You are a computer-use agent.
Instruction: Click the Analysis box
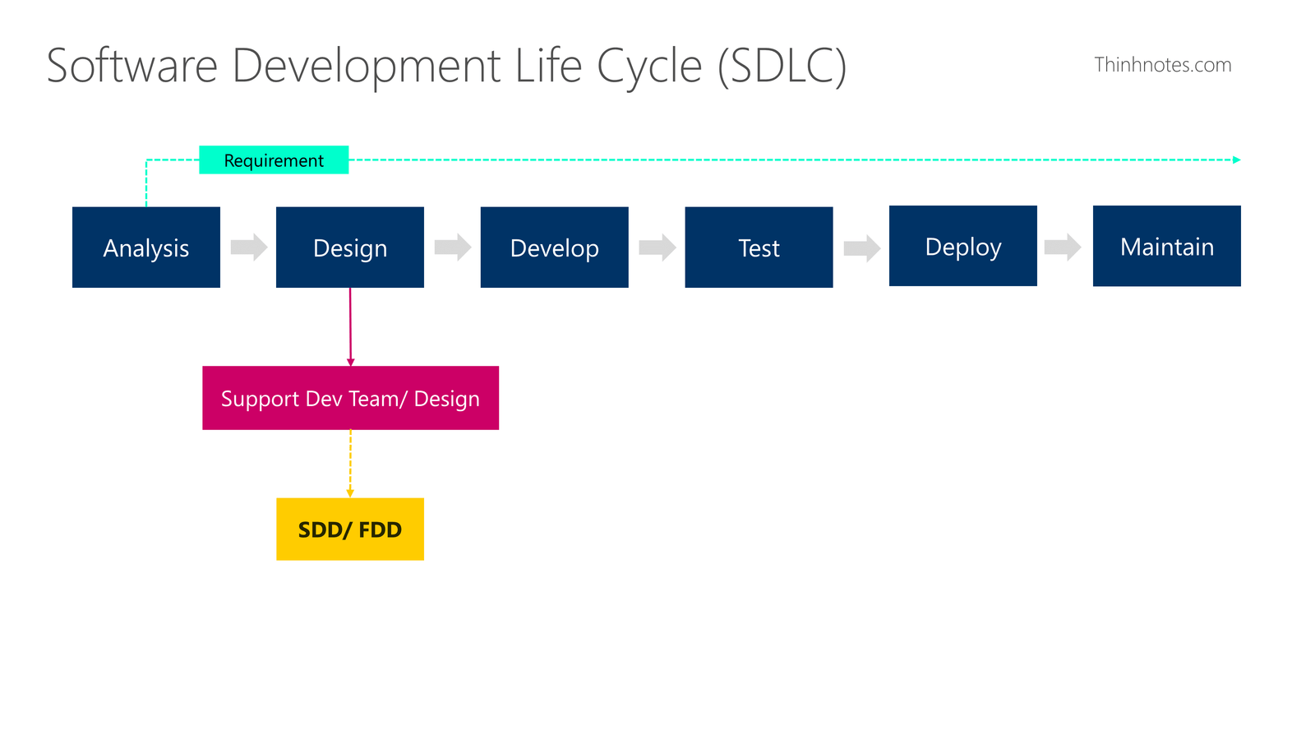coord(146,247)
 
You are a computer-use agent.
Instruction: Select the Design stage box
coord(350,247)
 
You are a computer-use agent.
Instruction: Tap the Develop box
coord(554,247)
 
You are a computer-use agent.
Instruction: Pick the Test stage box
coord(759,247)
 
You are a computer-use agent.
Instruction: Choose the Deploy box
coord(962,246)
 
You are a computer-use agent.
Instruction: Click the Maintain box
coord(1166,246)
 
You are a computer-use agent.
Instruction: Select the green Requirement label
coord(274,160)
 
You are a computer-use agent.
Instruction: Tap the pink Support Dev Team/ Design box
coord(350,398)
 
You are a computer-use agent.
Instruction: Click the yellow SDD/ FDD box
coord(350,530)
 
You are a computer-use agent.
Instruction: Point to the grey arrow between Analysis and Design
coord(249,247)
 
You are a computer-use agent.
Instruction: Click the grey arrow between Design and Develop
coord(453,247)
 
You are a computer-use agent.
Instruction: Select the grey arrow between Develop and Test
coord(657,247)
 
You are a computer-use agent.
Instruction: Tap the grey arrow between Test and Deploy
coord(862,248)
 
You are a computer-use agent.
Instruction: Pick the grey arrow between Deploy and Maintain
coord(1063,247)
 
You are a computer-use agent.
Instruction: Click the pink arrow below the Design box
coord(350,327)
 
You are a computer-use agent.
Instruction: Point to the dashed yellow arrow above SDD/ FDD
coord(350,464)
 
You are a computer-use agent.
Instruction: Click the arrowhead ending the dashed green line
coord(1236,160)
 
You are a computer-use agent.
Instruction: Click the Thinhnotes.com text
coord(1162,65)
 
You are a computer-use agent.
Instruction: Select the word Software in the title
coord(132,65)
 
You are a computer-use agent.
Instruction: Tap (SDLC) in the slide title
coord(782,67)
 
